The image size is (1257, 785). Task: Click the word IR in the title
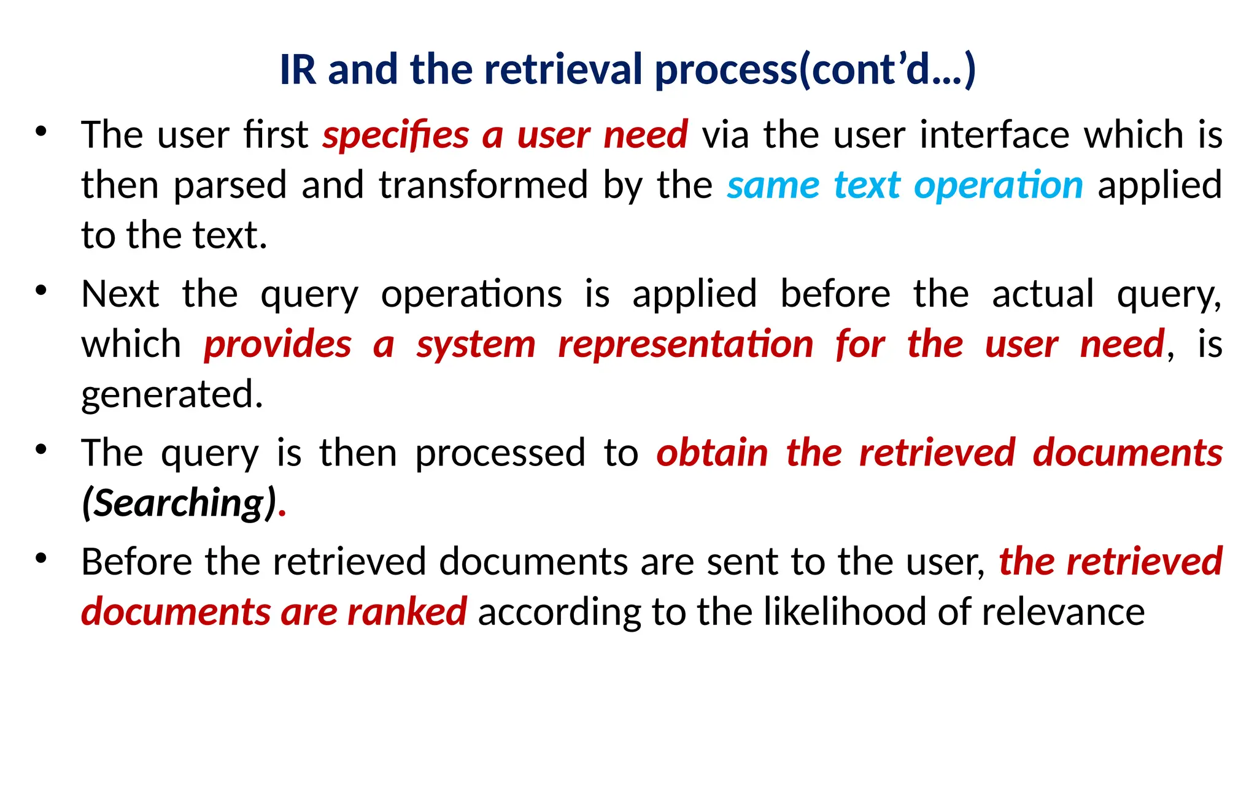click(298, 69)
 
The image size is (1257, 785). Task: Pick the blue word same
click(773, 185)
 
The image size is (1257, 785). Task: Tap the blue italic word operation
click(998, 185)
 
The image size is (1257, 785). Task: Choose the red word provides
click(277, 344)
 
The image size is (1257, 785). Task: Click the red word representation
click(686, 344)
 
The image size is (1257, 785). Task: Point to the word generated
click(172, 394)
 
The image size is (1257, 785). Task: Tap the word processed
click(500, 453)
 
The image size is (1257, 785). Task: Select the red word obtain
click(712, 453)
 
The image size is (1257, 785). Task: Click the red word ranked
click(406, 612)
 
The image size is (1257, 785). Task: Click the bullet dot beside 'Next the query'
click(41, 291)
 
